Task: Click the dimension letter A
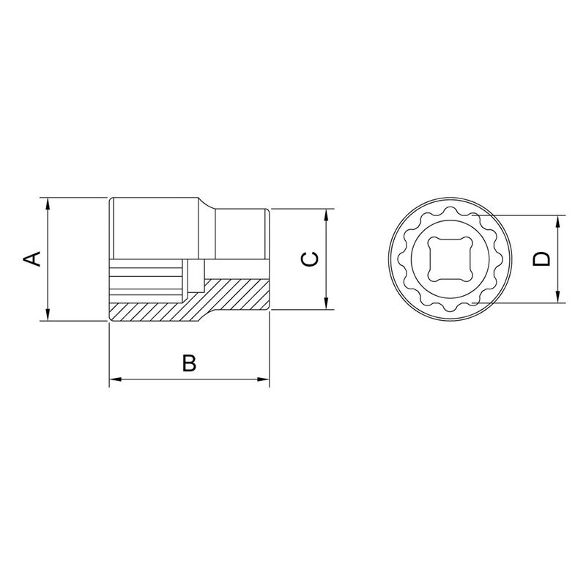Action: (x=31, y=259)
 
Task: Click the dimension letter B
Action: (x=189, y=363)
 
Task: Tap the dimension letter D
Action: (x=541, y=259)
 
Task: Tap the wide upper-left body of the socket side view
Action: (x=154, y=227)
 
